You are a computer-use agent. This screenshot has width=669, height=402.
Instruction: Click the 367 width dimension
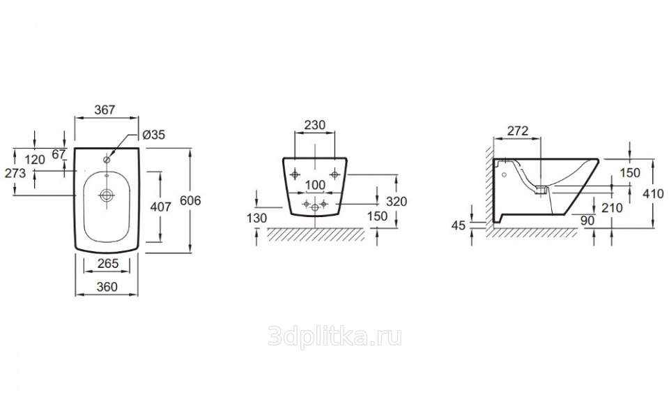pyautogui.click(x=105, y=110)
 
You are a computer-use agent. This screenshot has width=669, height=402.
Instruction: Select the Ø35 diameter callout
pyautogui.click(x=153, y=135)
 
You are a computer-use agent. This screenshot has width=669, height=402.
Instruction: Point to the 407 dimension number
pyautogui.click(x=161, y=207)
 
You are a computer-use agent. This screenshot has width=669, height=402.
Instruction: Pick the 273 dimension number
pyautogui.click(x=15, y=172)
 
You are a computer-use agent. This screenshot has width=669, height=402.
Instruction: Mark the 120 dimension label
pyautogui.click(x=35, y=159)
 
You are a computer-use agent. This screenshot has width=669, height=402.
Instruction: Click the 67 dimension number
pyautogui.click(x=59, y=154)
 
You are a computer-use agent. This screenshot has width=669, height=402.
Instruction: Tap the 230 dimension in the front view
pyautogui.click(x=315, y=125)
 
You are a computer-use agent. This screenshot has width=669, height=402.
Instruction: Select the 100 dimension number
pyautogui.click(x=316, y=184)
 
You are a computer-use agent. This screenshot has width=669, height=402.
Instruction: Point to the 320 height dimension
pyautogui.click(x=395, y=201)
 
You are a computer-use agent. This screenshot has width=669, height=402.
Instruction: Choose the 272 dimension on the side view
pyautogui.click(x=517, y=131)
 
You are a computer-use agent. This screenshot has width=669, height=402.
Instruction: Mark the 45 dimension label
pyautogui.click(x=458, y=225)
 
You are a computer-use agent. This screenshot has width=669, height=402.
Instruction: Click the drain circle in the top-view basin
pyautogui.click(x=106, y=196)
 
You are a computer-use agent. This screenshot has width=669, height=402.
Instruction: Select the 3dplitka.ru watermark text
pyautogui.click(x=334, y=338)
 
